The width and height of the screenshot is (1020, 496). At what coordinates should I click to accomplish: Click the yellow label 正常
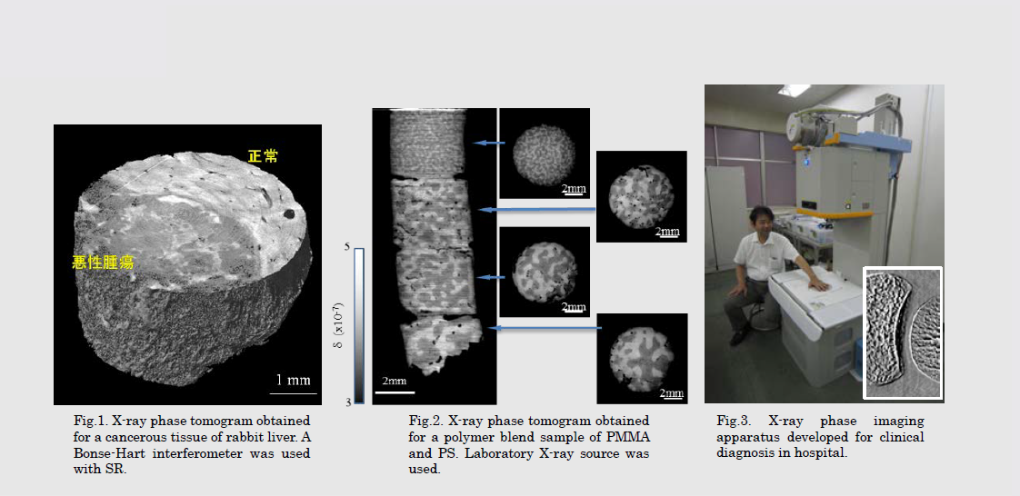click(263, 156)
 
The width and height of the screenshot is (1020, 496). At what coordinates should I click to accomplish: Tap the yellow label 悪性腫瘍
click(103, 263)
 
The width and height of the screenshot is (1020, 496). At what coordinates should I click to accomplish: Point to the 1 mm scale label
click(294, 380)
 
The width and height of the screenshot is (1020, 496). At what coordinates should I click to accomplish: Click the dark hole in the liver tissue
click(288, 213)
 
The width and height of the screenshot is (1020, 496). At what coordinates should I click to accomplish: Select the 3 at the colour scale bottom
click(348, 402)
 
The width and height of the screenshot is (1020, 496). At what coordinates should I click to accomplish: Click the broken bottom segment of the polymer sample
click(441, 344)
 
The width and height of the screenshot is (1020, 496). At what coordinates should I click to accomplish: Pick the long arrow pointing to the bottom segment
click(545, 328)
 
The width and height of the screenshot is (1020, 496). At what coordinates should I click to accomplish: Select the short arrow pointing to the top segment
click(489, 143)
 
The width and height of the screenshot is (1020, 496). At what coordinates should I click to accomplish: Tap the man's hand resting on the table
click(815, 282)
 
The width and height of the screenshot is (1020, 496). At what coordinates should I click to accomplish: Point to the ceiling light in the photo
click(795, 90)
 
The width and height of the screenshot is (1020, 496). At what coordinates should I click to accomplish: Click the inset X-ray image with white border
click(902, 332)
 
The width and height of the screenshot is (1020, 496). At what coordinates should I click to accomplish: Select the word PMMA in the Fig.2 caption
click(631, 436)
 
